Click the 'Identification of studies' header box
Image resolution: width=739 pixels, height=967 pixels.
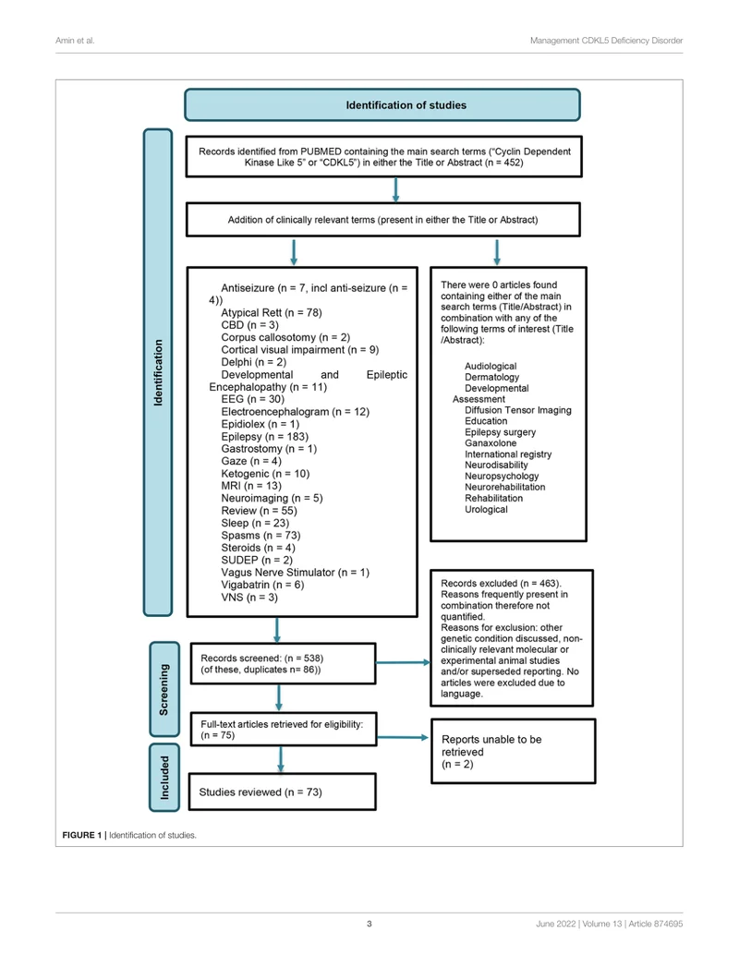click(382, 105)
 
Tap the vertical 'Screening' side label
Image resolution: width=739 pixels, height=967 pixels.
click(164, 690)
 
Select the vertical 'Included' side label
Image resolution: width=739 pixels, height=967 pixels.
click(164, 777)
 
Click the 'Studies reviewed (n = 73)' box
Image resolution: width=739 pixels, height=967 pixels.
click(282, 792)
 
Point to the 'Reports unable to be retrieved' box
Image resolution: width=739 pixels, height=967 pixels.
click(514, 751)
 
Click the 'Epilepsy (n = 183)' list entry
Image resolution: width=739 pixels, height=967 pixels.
click(264, 437)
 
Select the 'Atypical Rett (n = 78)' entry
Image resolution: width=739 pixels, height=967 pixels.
click(272, 313)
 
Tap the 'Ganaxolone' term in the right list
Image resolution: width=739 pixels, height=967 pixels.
click(491, 442)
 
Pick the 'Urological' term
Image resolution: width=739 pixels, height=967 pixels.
click(486, 510)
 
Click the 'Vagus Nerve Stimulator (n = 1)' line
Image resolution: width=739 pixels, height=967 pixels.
click(295, 573)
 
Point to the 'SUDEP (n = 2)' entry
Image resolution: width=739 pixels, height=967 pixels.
click(257, 560)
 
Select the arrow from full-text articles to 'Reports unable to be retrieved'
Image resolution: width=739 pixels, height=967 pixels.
click(403, 737)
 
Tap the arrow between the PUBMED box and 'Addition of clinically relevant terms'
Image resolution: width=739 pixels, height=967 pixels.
click(395, 190)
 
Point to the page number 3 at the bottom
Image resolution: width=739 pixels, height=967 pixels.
click(369, 924)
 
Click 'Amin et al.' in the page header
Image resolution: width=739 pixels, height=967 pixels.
click(75, 41)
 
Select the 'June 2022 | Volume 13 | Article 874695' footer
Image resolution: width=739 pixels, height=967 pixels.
click(610, 924)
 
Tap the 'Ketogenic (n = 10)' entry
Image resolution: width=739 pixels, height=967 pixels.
click(265, 474)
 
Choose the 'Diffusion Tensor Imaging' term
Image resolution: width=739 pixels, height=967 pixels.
click(518, 410)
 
